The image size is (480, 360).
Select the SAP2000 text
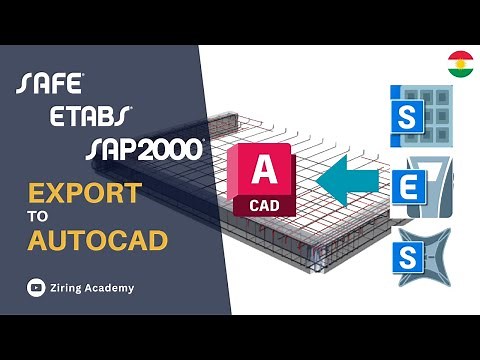coord(145,149)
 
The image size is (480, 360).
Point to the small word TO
coord(38,216)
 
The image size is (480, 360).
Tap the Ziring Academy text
coord(96,288)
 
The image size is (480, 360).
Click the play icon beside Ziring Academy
coord(35,288)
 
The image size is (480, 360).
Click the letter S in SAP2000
coord(96,149)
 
